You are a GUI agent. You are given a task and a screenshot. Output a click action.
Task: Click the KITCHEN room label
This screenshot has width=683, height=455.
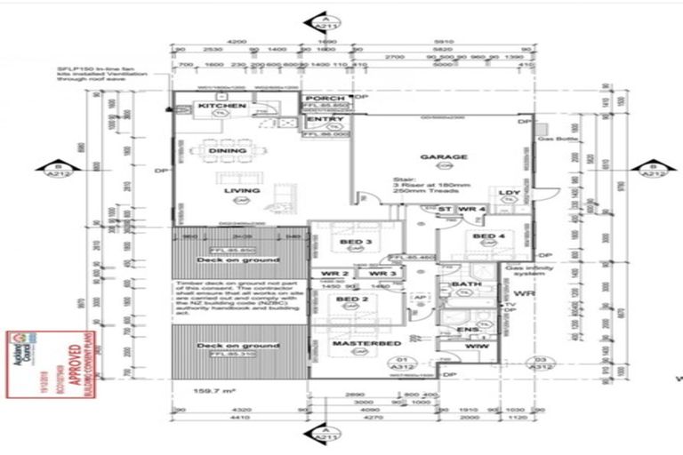click(221, 106)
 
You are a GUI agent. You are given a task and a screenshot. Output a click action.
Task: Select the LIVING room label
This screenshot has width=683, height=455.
click(241, 190)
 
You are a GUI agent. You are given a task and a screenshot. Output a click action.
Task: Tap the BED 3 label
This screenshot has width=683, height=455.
click(356, 241)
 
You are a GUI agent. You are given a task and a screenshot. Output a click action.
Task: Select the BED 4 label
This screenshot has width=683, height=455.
click(488, 235)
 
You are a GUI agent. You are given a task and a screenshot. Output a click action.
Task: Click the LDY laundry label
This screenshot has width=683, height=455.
click(509, 192)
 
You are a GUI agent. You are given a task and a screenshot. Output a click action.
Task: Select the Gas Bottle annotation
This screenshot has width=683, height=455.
click(558, 140)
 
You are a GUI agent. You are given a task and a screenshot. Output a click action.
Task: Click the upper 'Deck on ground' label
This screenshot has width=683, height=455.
click(241, 259)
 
